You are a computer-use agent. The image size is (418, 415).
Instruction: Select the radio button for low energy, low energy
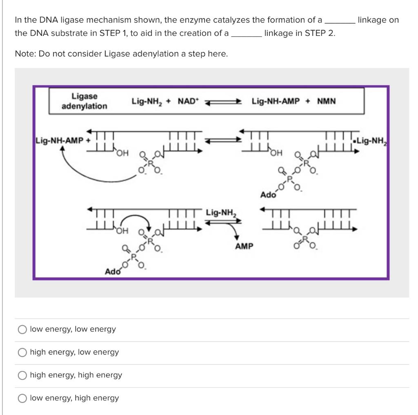pyautogui.click(x=23, y=329)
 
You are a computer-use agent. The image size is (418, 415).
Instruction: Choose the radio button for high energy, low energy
pyautogui.click(x=23, y=352)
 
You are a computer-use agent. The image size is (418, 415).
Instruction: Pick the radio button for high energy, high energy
pyautogui.click(x=23, y=375)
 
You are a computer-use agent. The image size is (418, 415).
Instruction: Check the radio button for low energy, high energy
pyautogui.click(x=23, y=398)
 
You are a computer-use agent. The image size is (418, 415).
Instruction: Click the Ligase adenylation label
pyautogui.click(x=84, y=101)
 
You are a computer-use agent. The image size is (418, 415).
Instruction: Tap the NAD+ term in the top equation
pyautogui.click(x=187, y=101)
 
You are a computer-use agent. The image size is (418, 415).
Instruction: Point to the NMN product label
pyautogui.click(x=326, y=101)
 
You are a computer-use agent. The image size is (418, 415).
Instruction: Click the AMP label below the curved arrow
pyautogui.click(x=244, y=246)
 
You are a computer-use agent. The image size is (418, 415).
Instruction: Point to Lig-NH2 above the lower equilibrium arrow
pyautogui.click(x=221, y=212)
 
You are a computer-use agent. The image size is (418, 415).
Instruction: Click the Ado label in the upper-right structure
pyautogui.click(x=268, y=194)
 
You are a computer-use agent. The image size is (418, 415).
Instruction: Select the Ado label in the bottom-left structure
pyautogui.click(x=113, y=271)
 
